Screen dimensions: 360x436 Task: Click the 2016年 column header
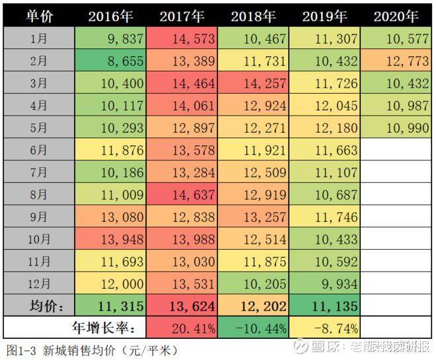click(110, 17)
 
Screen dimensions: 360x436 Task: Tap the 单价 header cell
click(39, 17)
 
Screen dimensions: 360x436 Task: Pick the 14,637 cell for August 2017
click(182, 195)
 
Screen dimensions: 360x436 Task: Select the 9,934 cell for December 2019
click(325, 284)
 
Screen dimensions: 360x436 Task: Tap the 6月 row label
click(39, 150)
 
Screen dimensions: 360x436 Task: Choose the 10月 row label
click(39, 239)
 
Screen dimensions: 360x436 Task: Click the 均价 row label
click(39, 306)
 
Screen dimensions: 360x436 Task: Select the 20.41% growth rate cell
click(182, 327)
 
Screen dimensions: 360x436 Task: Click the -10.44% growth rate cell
click(254, 327)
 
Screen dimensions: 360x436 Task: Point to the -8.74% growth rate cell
click(325, 327)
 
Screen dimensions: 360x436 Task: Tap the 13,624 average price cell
click(182, 306)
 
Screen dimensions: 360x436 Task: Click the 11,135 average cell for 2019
click(325, 306)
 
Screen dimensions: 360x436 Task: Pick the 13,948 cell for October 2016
click(110, 239)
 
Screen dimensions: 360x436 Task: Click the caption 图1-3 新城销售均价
click(92, 349)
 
